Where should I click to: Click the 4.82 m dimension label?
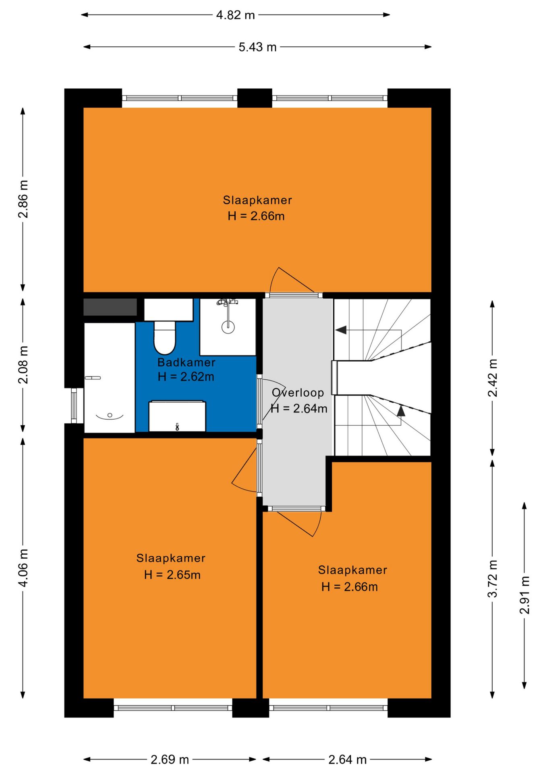click(x=236, y=15)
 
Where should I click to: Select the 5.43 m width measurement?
click(x=257, y=47)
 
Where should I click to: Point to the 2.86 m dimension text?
click(x=23, y=199)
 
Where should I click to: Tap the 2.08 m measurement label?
click(x=23, y=364)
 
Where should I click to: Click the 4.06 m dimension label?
click(x=23, y=568)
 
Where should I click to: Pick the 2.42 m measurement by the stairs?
click(x=493, y=378)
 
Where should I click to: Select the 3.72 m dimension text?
click(x=493, y=578)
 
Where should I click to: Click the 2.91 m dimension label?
click(x=524, y=595)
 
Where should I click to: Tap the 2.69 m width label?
click(x=170, y=759)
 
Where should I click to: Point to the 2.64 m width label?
click(x=347, y=759)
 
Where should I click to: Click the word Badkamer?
click(x=186, y=362)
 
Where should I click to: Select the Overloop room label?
click(x=298, y=393)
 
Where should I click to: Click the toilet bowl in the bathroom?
click(x=164, y=337)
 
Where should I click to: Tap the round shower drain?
click(x=228, y=327)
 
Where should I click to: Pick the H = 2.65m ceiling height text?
click(x=172, y=574)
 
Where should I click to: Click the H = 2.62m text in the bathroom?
click(x=186, y=377)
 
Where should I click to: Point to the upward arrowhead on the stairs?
click(x=401, y=411)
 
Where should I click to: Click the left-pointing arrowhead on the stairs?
click(x=341, y=330)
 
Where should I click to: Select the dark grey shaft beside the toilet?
click(x=110, y=307)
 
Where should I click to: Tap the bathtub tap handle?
click(x=93, y=378)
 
